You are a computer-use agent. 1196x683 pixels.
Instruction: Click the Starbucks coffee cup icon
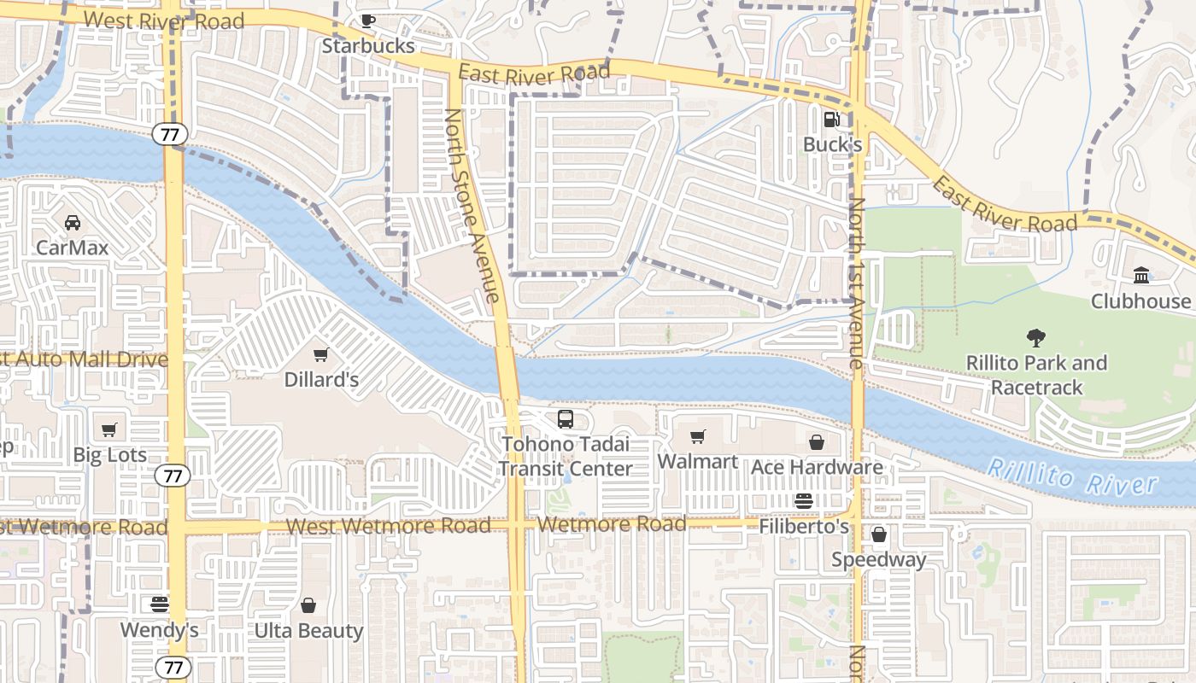click(367, 21)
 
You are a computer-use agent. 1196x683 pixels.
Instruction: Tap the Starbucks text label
click(367, 46)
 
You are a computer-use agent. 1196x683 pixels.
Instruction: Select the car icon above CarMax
click(73, 223)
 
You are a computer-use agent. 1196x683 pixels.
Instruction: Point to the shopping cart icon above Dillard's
click(321, 354)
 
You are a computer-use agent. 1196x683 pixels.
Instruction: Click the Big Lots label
click(109, 455)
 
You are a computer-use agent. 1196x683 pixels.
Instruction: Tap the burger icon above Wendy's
click(159, 604)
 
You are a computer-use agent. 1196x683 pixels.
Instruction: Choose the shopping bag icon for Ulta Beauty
click(308, 605)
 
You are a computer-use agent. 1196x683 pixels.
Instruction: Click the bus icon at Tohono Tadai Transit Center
click(566, 419)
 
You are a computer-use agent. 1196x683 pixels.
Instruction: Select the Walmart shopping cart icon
click(697, 437)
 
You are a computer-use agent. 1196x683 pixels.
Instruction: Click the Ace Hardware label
click(816, 467)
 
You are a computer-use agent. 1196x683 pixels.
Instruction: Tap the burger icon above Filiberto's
click(803, 501)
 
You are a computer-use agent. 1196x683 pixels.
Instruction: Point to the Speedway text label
click(878, 560)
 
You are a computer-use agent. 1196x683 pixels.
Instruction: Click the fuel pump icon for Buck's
click(831, 120)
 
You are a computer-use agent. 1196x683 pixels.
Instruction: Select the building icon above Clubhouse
click(1140, 275)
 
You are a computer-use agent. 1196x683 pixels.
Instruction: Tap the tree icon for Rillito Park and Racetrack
click(1036, 338)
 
